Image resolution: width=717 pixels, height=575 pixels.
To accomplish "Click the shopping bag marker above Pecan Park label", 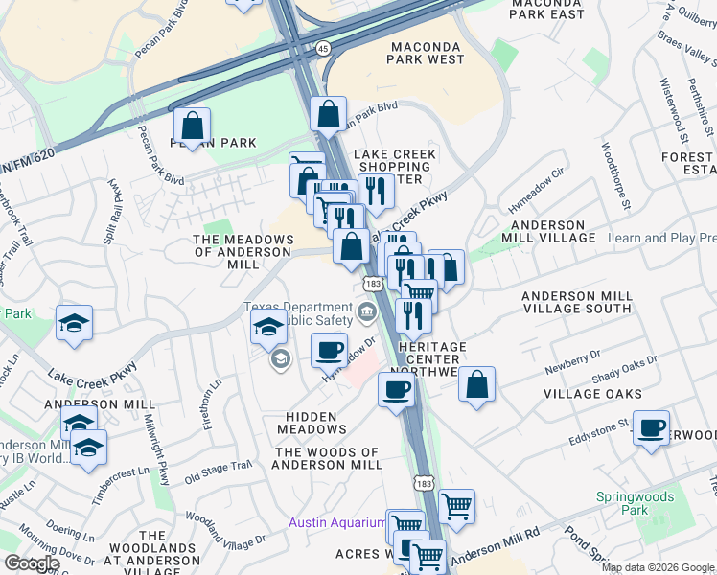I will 193,126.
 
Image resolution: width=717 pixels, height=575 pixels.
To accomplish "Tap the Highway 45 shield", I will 322,47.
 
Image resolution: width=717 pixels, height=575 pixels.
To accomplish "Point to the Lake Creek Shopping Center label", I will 395,167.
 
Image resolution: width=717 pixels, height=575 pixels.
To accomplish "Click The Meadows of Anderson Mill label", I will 242,251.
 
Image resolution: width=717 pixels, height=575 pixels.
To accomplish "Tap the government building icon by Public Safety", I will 366,311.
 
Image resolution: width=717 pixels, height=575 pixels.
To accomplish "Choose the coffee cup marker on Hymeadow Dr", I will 329,350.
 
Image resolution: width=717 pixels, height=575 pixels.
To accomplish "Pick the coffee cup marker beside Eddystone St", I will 652,427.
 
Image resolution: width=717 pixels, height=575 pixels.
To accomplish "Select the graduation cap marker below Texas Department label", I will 269,326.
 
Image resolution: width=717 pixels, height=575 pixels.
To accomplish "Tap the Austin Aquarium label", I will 337,522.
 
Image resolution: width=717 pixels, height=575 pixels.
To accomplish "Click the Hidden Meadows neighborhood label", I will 312,424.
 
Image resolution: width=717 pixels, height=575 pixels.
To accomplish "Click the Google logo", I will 31,563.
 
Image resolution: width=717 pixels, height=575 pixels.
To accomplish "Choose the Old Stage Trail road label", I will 218,471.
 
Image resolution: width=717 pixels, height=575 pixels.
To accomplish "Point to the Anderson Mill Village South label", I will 577,303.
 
